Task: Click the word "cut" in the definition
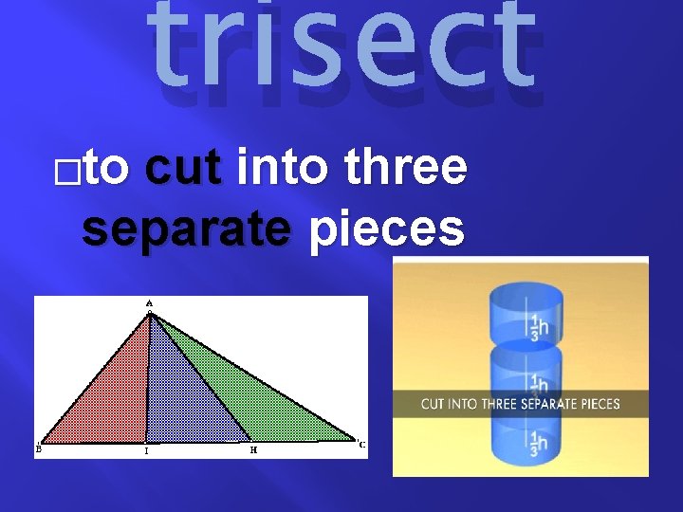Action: (183, 170)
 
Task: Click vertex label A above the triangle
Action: (149, 303)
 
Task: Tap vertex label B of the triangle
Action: (38, 450)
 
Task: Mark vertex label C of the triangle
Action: (361, 444)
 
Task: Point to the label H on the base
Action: (253, 450)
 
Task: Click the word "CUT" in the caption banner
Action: (433, 405)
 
